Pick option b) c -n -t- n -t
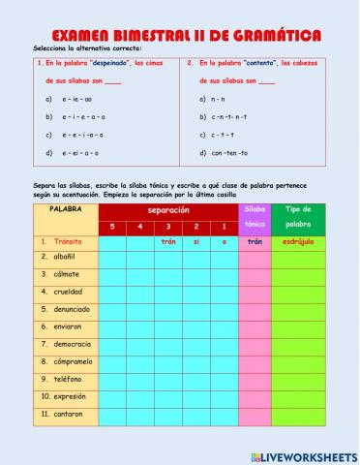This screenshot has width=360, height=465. [228, 116]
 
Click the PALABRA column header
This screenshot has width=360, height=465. [65, 209]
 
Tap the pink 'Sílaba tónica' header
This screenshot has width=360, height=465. [255, 216]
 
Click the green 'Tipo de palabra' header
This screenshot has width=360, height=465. [298, 216]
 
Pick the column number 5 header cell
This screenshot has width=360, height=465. [112, 227]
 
